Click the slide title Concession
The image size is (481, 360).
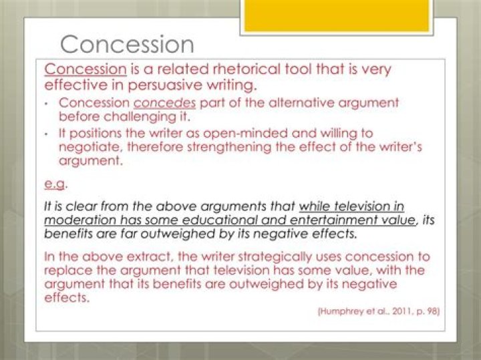pyautogui.click(x=127, y=45)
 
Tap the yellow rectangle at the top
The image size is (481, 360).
pyautogui.click(x=337, y=15)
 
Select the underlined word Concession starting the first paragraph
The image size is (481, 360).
pyautogui.click(x=86, y=69)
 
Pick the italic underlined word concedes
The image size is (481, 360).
pyautogui.click(x=164, y=103)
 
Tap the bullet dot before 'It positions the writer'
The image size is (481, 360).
pyautogui.click(x=46, y=134)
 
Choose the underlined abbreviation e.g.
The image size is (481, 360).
pyautogui.click(x=55, y=184)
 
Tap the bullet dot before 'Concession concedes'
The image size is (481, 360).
pyautogui.click(x=46, y=104)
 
